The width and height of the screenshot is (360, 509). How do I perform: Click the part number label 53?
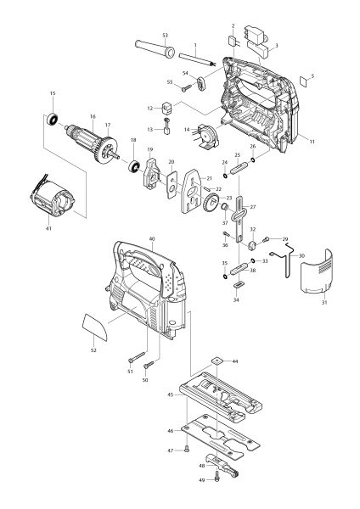click(x=165, y=34)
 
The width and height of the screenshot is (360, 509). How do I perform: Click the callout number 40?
click(x=152, y=239)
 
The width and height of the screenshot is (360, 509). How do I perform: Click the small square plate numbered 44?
click(x=217, y=361)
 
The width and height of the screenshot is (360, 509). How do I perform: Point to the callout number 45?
click(x=171, y=394)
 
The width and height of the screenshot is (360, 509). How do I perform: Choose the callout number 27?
click(x=253, y=205)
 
